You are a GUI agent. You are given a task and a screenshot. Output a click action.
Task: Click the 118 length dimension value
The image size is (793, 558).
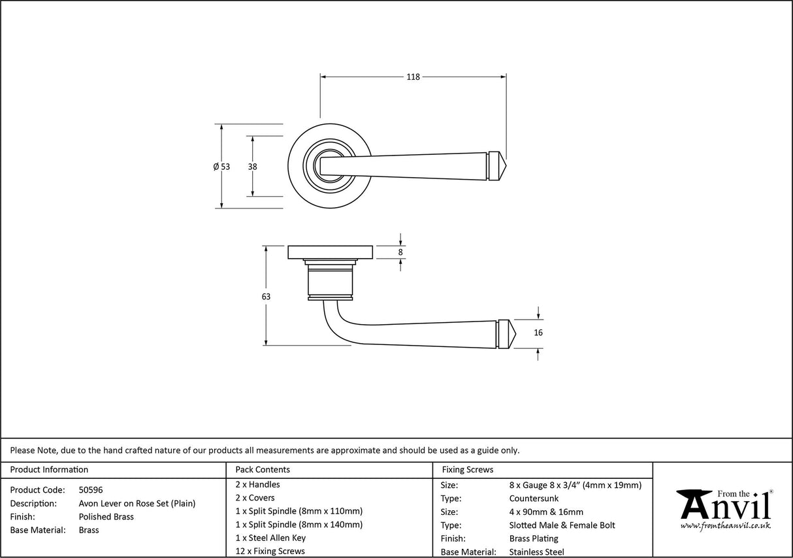click(x=413, y=77)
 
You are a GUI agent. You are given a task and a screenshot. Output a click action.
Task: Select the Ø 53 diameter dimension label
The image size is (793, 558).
click(x=221, y=167)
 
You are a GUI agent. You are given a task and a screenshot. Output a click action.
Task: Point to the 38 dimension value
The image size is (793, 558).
click(x=252, y=167)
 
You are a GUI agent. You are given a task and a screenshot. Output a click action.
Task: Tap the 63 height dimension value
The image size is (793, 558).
click(x=265, y=297)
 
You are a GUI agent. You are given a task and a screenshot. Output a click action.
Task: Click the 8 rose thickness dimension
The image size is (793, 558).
click(x=401, y=252)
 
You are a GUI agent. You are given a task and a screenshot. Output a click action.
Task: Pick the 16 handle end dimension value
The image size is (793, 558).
click(x=538, y=333)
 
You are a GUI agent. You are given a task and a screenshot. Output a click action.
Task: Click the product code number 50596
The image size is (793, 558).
click(x=90, y=489)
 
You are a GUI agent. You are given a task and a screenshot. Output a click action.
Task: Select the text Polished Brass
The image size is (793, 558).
click(x=106, y=517)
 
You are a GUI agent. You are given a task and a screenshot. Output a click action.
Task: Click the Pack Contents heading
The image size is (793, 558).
click(x=262, y=470)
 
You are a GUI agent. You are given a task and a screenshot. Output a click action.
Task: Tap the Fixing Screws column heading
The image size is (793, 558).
click(x=468, y=470)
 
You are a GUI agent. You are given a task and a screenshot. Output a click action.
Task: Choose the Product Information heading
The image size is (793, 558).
click(x=49, y=470)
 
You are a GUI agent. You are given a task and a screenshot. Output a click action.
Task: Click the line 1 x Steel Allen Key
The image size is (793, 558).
click(x=270, y=538)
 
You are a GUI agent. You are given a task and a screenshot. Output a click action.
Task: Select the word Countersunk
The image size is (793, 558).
click(x=534, y=499)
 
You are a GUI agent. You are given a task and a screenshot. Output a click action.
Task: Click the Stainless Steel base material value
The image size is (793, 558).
click(x=536, y=552)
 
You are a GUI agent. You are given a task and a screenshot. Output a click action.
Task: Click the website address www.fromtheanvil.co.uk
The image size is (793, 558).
click(x=725, y=526)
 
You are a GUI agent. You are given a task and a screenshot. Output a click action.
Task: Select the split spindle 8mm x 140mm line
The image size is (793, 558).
click(x=299, y=525)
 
